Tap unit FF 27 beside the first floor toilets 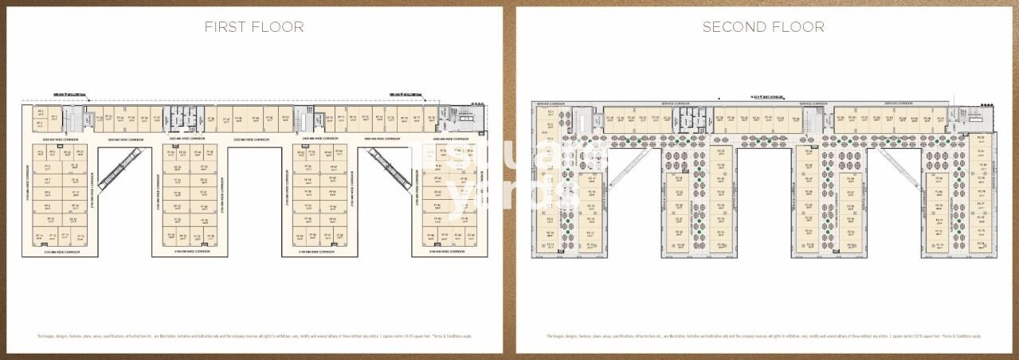pos(157,119)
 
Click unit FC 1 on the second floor pos(550,113)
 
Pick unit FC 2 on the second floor pos(550,125)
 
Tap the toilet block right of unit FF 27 pos(176,118)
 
